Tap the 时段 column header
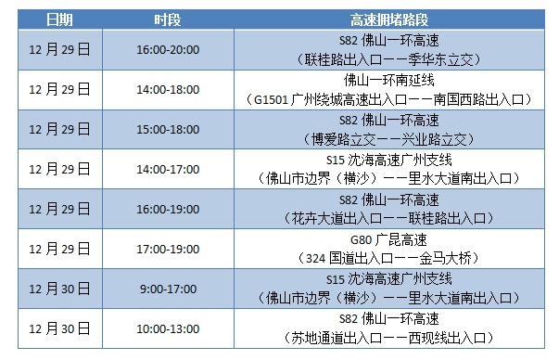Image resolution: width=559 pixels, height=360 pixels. point(168,19)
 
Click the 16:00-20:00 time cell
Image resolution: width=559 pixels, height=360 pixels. point(168,50)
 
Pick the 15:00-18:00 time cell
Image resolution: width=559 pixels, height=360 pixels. point(168,129)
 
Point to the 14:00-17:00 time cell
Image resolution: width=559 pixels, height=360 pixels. point(168,169)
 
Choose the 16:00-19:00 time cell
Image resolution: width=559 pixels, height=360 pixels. point(168,209)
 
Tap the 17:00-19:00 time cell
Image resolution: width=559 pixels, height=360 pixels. point(168,249)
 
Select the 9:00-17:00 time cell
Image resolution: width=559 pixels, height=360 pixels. point(168,289)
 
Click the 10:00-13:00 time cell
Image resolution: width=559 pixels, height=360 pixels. point(168,328)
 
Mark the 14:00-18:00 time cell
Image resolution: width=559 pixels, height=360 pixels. point(168,90)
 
